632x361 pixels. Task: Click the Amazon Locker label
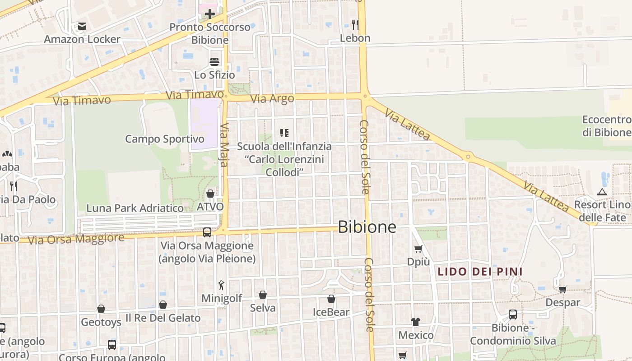[x=82, y=39]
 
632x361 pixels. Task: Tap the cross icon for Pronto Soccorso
[x=210, y=14]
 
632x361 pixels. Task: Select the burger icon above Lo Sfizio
[x=214, y=62]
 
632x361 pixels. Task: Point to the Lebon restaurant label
[x=355, y=38]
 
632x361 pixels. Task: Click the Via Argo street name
[x=272, y=98]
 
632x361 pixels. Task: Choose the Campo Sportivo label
[x=165, y=139]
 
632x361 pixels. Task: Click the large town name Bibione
[x=367, y=227]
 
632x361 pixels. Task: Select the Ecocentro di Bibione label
[x=606, y=126]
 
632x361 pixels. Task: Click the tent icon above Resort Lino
[x=602, y=192]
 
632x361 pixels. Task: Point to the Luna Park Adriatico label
[x=135, y=208]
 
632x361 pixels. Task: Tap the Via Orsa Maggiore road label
[x=76, y=239]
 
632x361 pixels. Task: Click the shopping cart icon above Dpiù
[x=418, y=249]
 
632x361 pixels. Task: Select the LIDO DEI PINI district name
[x=480, y=272]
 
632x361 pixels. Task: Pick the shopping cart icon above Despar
[x=562, y=289]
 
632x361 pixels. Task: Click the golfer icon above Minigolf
[x=221, y=285]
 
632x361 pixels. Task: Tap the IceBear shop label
[x=331, y=312]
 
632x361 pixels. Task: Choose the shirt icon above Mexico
[x=416, y=322]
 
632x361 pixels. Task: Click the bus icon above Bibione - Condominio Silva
[x=513, y=315]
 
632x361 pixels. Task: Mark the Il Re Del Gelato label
[x=163, y=318]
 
